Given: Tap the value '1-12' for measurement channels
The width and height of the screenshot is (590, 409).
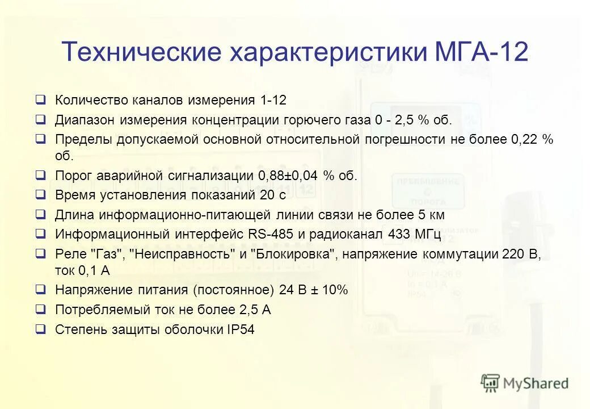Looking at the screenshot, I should (273, 101).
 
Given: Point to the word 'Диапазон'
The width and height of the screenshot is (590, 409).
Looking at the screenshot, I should (85, 120).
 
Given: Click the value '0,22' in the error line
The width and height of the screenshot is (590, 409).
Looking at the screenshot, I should (527, 139).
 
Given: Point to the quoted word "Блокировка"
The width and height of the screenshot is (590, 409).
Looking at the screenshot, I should (294, 254).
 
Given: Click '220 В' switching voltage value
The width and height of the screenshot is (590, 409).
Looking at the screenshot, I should (521, 254).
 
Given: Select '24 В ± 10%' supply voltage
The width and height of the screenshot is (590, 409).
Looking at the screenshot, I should (313, 290).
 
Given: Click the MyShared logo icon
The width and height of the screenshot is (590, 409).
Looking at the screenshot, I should (490, 383).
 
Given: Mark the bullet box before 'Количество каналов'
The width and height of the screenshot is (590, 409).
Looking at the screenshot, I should (40, 100).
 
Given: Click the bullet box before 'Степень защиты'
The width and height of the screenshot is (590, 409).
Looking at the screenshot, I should (40, 329).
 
